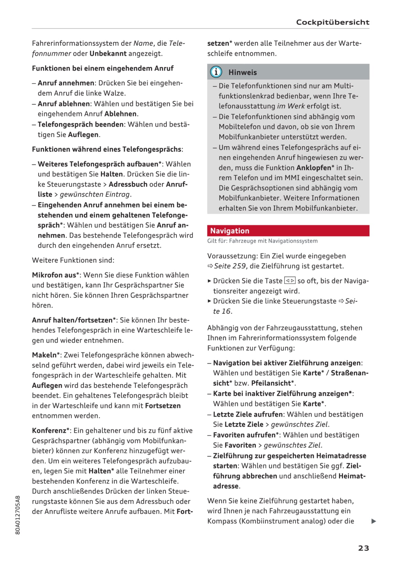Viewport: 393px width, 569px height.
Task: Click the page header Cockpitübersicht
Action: [x=332, y=22]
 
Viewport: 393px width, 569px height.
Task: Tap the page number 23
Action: [x=363, y=548]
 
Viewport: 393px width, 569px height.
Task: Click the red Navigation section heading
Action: [x=230, y=231]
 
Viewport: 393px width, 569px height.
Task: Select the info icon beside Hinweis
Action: [x=216, y=72]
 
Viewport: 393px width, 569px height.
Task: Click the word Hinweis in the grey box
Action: [x=243, y=72]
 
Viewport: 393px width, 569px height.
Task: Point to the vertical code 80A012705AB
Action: [x=18, y=515]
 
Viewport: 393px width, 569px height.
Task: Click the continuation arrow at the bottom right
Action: [x=374, y=521]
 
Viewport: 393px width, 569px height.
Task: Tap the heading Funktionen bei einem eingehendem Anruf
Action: [x=103, y=68]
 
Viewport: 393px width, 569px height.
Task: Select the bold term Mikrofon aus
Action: [x=54, y=275]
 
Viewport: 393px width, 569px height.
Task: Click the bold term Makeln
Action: [x=44, y=355]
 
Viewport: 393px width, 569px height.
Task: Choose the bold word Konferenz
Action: [x=49, y=430]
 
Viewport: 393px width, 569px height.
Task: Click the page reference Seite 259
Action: [x=230, y=266]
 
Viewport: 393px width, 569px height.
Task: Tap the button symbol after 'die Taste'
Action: [x=290, y=281]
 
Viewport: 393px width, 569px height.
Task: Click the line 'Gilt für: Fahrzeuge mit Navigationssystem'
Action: [x=262, y=241]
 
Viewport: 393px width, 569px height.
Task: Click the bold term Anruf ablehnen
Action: [x=64, y=104]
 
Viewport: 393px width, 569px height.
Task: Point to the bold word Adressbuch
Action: [x=128, y=184]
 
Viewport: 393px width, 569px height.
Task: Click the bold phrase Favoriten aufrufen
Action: [x=244, y=435]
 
